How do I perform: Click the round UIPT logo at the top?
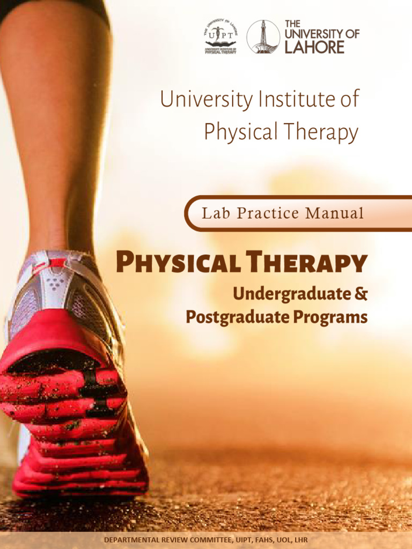[220, 36]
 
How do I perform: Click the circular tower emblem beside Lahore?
[263, 36]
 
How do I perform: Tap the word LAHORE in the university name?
[314, 47]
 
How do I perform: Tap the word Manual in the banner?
[334, 213]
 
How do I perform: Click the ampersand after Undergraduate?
[361, 294]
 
